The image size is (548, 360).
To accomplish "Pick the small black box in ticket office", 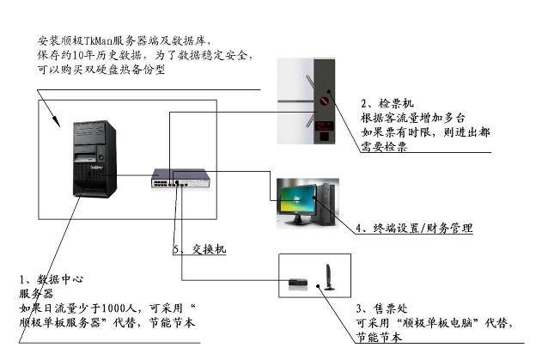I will point(297,280).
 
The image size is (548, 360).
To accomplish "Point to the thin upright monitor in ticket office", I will point(327,277).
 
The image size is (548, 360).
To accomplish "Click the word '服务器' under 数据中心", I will point(36,294).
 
